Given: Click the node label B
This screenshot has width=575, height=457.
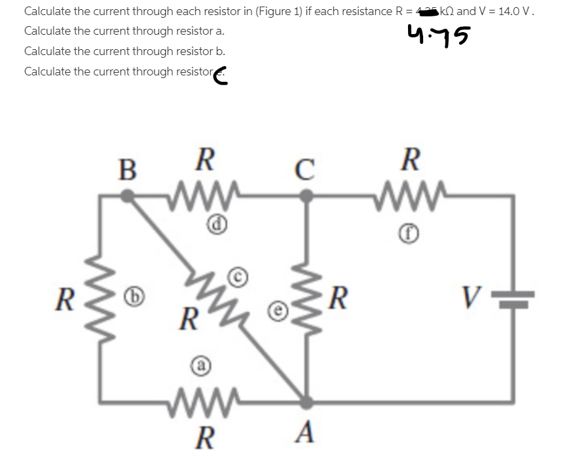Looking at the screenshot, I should coord(128,169).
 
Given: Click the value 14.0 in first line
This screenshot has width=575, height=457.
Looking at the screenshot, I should coord(511,11).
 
